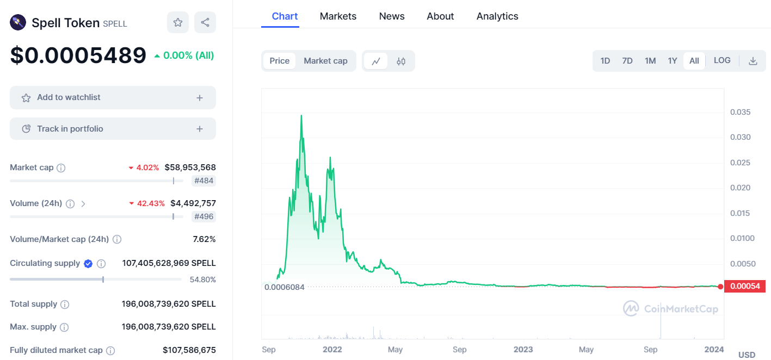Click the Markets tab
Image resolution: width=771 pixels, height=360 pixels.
(x=338, y=16)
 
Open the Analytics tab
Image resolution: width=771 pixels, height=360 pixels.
(x=497, y=16)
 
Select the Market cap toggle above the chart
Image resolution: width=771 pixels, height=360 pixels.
(x=325, y=61)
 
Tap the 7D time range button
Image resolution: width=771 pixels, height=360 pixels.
(x=627, y=61)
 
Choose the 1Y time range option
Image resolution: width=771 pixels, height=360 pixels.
(x=672, y=61)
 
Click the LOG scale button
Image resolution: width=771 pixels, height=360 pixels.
(x=722, y=60)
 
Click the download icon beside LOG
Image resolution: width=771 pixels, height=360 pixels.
(x=753, y=61)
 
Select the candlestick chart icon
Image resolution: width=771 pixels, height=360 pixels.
(x=400, y=61)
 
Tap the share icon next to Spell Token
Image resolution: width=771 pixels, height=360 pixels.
(x=205, y=22)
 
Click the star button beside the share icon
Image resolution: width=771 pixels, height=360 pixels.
(x=178, y=22)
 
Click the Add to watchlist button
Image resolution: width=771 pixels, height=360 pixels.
(x=113, y=98)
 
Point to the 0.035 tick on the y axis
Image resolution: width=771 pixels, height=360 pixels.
(x=740, y=112)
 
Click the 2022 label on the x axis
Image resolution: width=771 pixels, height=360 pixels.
(x=332, y=350)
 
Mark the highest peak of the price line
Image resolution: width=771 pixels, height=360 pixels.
(x=301, y=115)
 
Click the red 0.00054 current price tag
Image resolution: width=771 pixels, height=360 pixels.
(x=745, y=287)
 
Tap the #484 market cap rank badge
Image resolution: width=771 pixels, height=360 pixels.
(x=203, y=181)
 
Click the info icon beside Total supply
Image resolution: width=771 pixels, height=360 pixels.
(x=65, y=305)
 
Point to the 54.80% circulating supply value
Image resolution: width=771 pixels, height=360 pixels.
(x=203, y=280)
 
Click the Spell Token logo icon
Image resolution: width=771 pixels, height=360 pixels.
(x=18, y=23)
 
